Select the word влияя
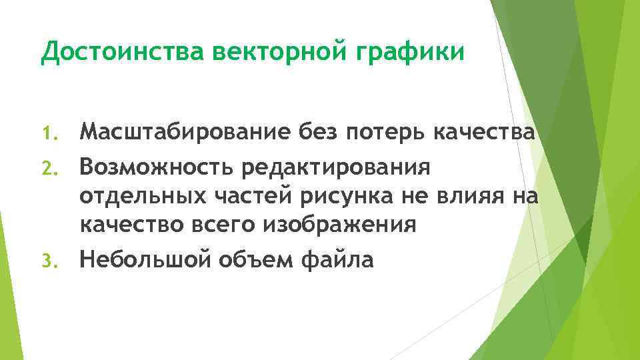click(x=476, y=195)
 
